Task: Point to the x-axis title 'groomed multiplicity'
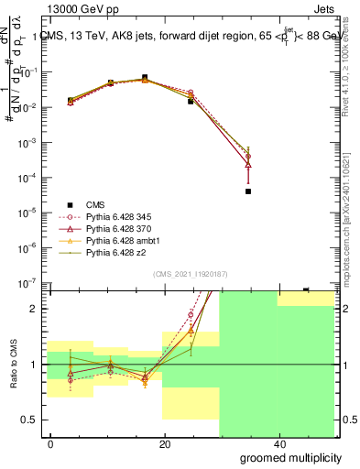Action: (291, 456)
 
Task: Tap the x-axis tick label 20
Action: (165, 444)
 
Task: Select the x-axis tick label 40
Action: (279, 444)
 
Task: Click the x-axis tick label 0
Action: (50, 444)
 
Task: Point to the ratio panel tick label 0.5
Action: (32, 420)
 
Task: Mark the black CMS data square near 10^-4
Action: (248, 191)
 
